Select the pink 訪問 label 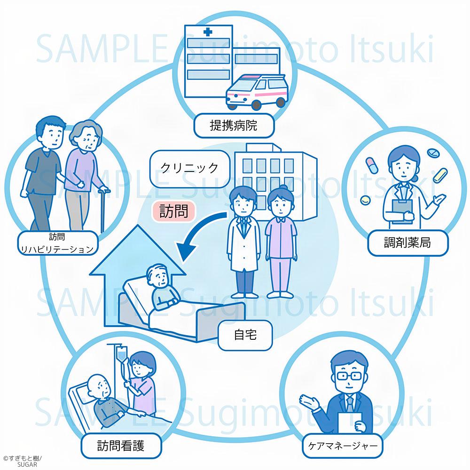[173, 211]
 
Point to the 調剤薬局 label [407, 243]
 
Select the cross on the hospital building [208, 34]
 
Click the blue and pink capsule [371, 164]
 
